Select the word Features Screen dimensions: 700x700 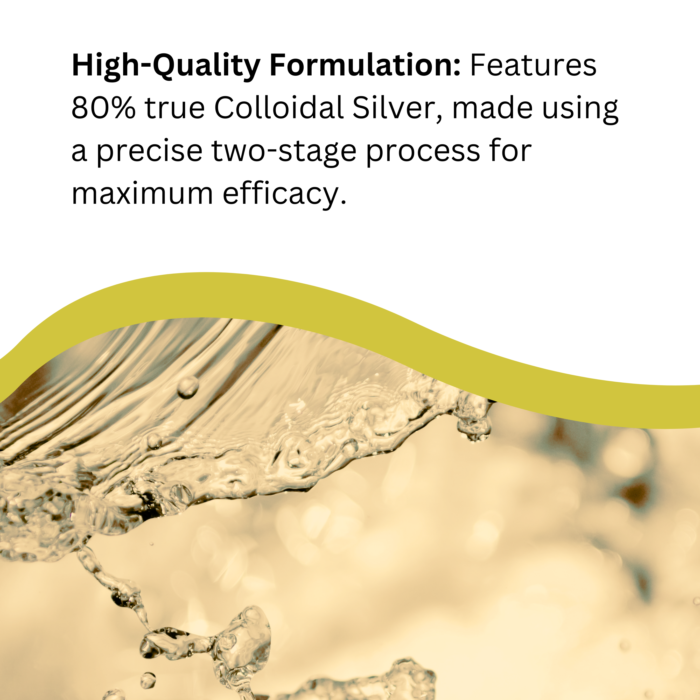click(533, 65)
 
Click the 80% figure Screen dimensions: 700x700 click(104, 108)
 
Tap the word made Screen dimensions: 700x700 click(492, 107)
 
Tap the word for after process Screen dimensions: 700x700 click(511, 150)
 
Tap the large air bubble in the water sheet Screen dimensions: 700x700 click(188, 387)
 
